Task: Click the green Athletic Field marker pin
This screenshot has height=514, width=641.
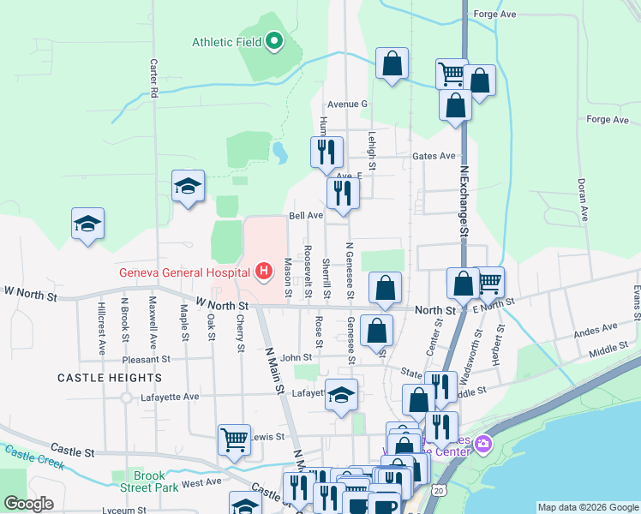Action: coord(274,40)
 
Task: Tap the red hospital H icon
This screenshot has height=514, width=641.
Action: coord(264,272)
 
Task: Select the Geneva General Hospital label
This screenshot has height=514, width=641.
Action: coord(184,272)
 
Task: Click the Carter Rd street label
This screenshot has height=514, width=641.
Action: coord(155,76)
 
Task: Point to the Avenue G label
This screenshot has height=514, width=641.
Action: coord(347,104)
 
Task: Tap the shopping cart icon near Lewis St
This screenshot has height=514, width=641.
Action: coord(234,439)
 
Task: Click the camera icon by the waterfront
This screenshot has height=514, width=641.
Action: coord(483,444)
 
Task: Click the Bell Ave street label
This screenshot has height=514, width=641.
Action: coord(305,216)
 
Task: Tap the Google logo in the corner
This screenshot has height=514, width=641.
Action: coord(28,504)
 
